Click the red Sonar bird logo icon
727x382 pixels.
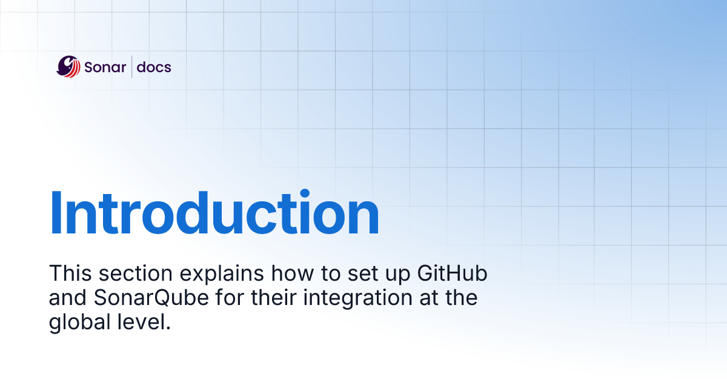[x=68, y=67]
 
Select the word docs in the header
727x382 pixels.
[x=154, y=67]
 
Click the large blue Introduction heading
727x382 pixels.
[x=214, y=213]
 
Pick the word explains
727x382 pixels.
[x=222, y=275]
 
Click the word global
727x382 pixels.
[x=78, y=322]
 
